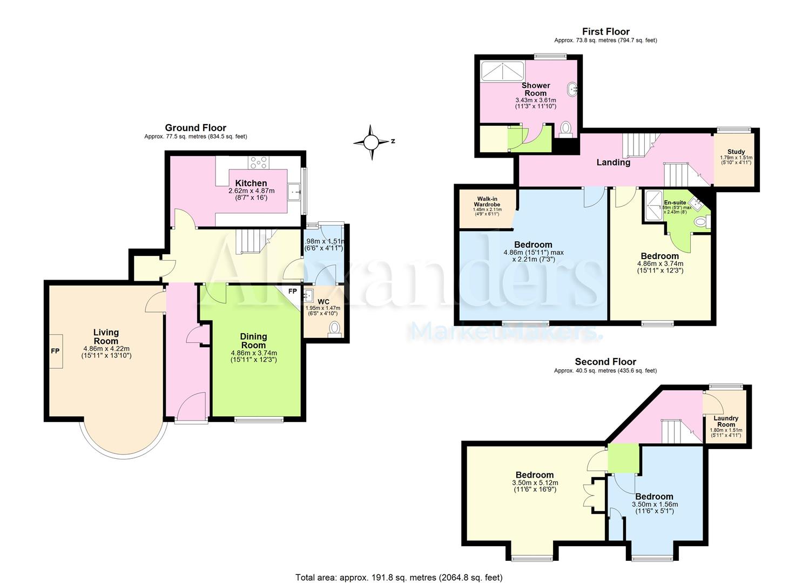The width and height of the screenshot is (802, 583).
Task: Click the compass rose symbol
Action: point(371,142)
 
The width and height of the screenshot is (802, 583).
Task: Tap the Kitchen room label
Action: point(251,184)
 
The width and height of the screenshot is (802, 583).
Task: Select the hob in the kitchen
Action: point(258,162)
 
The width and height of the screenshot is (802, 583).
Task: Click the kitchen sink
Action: point(295,191)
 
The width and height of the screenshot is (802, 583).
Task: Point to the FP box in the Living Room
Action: point(55,351)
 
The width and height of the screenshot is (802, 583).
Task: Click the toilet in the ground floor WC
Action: point(335,328)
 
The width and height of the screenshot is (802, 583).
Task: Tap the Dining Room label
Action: point(253,341)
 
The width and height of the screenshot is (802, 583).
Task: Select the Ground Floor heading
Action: point(196,128)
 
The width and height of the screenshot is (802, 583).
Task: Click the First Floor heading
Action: point(605,32)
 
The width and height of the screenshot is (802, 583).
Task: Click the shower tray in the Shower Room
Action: point(502,70)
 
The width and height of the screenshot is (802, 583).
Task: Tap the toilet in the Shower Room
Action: point(565,128)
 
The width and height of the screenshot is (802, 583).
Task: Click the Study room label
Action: point(736,152)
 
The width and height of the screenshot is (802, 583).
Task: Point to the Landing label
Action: point(613,162)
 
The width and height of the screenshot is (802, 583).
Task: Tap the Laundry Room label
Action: point(726,421)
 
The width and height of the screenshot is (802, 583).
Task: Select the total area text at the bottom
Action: point(399,577)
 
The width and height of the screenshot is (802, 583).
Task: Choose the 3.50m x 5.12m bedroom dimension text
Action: point(534,483)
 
